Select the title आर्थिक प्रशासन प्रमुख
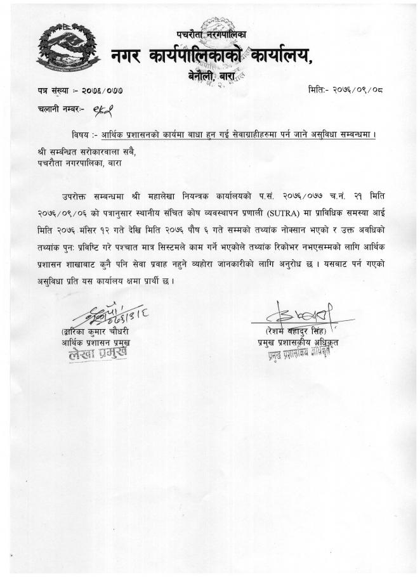click(x=100, y=343)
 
